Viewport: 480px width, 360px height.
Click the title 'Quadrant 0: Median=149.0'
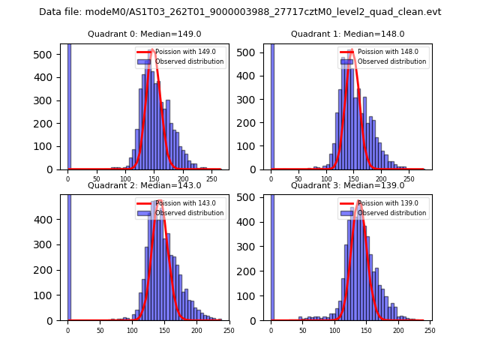pos(144,34)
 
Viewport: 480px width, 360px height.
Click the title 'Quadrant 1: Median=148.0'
pos(347,34)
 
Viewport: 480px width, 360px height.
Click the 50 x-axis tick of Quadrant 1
pos(298,180)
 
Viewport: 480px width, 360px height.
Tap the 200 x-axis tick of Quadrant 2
pos(196,331)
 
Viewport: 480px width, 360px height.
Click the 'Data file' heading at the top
pos(240,12)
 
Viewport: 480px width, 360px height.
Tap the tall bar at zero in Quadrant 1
pos(271,105)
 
